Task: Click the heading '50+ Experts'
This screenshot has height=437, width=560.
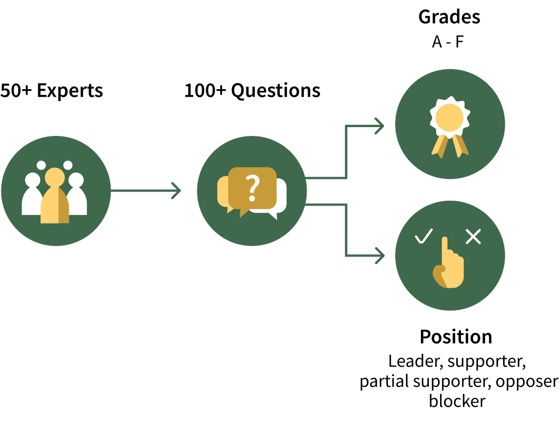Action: [51, 91]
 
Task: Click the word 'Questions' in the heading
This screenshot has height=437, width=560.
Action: [275, 91]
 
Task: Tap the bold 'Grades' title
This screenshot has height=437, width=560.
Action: [449, 17]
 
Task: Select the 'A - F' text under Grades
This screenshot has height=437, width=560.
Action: [448, 42]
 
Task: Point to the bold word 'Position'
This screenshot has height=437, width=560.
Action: [456, 337]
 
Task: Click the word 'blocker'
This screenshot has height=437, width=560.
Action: [457, 401]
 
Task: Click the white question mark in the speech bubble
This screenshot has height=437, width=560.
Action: [252, 188]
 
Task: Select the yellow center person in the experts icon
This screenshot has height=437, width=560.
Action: [55, 195]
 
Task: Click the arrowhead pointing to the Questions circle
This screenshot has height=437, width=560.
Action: [176, 191]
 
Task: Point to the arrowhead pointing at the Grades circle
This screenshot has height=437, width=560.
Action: [379, 126]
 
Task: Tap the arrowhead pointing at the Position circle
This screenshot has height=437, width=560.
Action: [379, 256]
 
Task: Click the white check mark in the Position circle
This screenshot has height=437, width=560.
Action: [424, 236]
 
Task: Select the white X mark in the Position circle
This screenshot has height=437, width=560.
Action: [473, 236]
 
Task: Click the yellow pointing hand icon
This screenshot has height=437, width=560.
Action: [448, 262]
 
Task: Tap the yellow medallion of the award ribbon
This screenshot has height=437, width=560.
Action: [449, 118]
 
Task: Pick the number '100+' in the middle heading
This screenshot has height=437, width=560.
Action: [205, 91]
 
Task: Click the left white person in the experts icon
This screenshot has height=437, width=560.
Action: [32, 194]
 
